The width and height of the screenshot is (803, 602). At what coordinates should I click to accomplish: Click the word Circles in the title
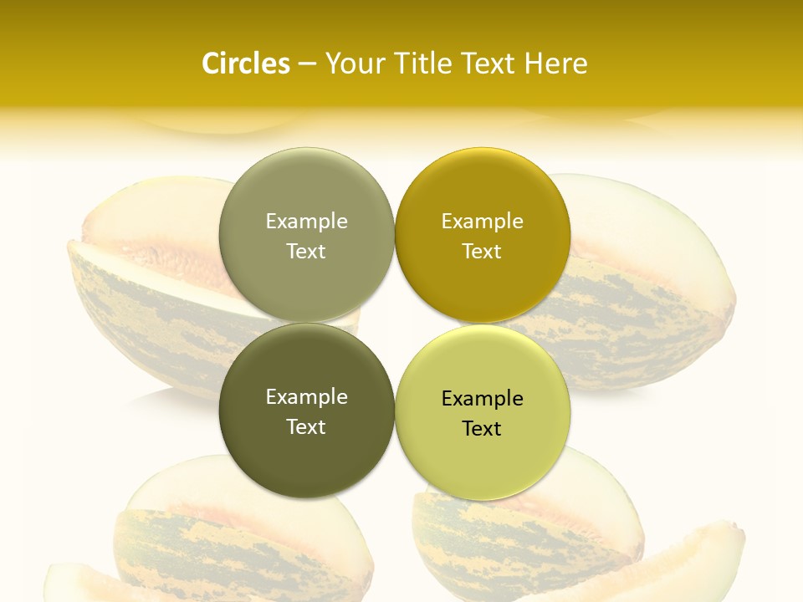point(246,64)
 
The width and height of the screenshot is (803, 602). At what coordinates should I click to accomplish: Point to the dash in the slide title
point(308,64)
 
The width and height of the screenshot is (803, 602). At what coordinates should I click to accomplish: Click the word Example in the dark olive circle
point(306,397)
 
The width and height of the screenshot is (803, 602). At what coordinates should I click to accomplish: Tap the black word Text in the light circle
point(482,429)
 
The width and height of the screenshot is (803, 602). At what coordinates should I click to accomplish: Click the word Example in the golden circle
point(482,222)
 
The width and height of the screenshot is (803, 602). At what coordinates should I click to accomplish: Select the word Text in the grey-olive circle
point(306,252)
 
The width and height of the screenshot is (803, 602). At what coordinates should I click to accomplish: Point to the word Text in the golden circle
point(482,252)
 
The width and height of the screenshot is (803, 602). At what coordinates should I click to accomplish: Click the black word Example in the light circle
point(482,399)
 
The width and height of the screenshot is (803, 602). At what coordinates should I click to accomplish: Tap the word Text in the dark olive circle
point(306,427)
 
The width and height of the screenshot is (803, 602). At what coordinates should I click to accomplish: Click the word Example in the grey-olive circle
point(306,222)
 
